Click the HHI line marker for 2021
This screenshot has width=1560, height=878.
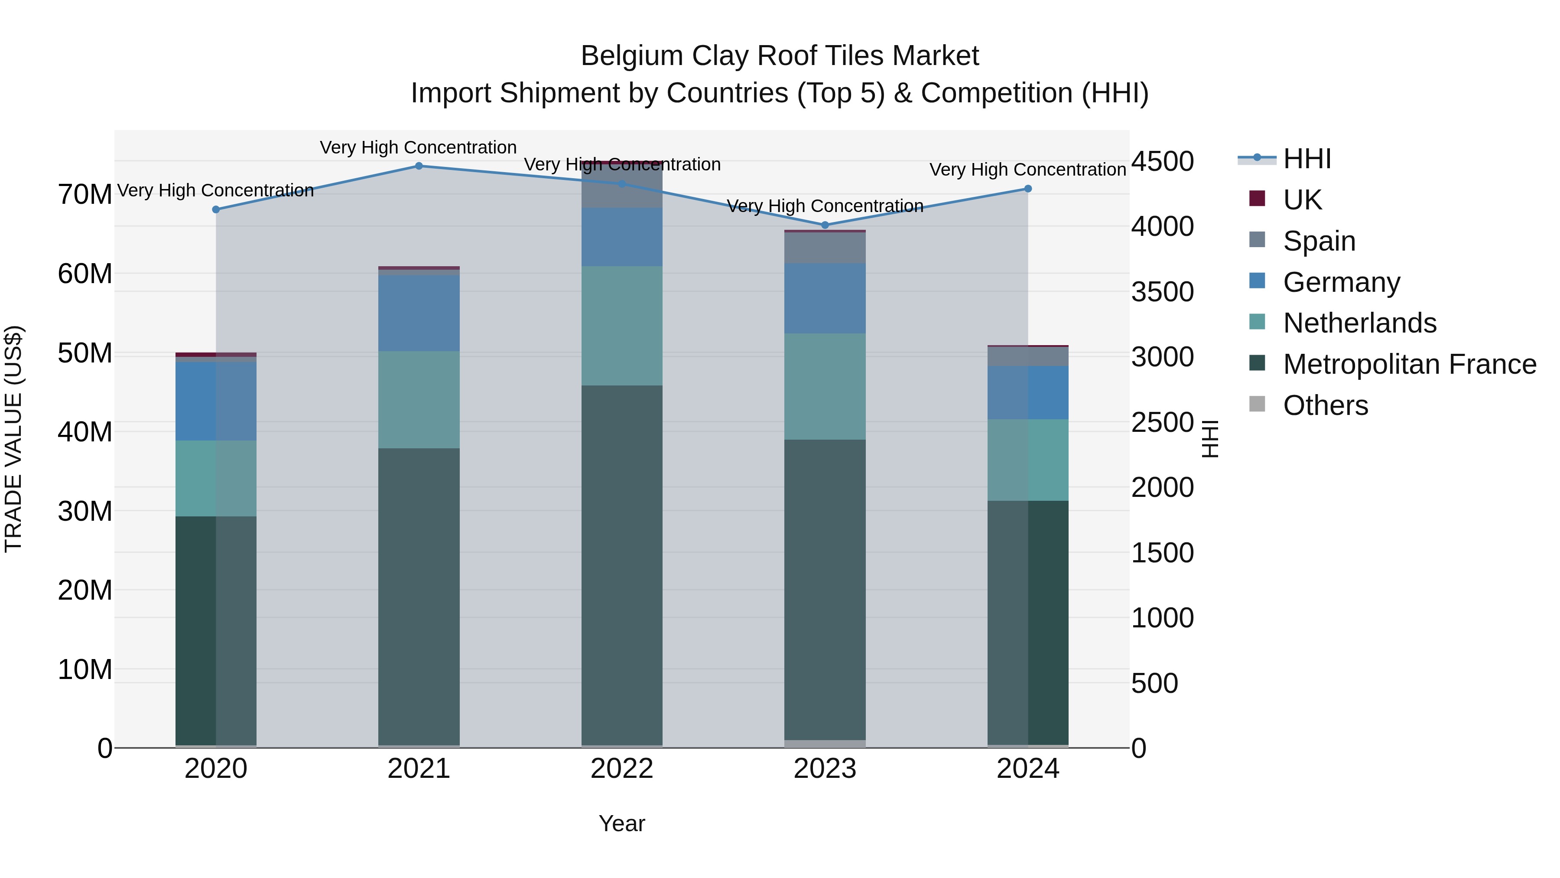pyautogui.click(x=419, y=166)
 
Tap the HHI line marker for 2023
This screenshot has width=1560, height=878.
pyautogui.click(x=824, y=225)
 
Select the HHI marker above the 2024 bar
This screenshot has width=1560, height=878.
pyautogui.click(x=1028, y=189)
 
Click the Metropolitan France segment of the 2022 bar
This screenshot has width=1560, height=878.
pyautogui.click(x=621, y=564)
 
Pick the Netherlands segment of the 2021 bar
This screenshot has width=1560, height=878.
pyautogui.click(x=419, y=400)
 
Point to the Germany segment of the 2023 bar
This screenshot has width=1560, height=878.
pyautogui.click(x=824, y=298)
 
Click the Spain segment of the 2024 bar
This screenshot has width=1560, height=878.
pyautogui.click(x=1028, y=356)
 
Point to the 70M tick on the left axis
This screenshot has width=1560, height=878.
pyautogui.click(x=85, y=195)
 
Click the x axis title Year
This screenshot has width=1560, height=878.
pyautogui.click(x=621, y=823)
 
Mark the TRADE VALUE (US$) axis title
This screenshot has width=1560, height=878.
pyautogui.click(x=13, y=439)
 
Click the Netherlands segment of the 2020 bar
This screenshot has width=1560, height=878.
pyautogui.click(x=216, y=479)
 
